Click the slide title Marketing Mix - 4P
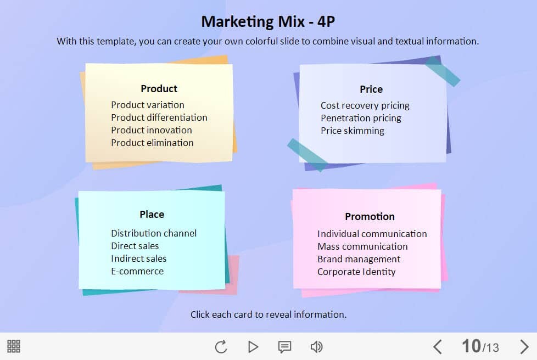pyautogui.click(x=268, y=21)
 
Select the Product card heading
pyautogui.click(x=159, y=89)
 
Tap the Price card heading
pyautogui.click(x=371, y=89)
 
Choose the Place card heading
pyautogui.click(x=152, y=214)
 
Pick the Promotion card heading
pyautogui.click(x=370, y=217)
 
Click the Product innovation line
pyautogui.click(x=152, y=130)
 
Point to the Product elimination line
pyautogui.click(x=153, y=143)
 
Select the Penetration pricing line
pyautogui.click(x=361, y=119)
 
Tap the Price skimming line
pyautogui.click(x=353, y=131)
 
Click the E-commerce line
pyautogui.click(x=137, y=271)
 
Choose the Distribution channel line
pyautogui.click(x=154, y=233)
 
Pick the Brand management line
pyautogui.click(x=359, y=260)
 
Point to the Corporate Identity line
pyautogui.click(x=356, y=272)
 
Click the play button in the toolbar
pyautogui.click(x=253, y=347)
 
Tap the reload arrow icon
pyautogui.click(x=221, y=347)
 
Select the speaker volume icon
pyautogui.click(x=316, y=347)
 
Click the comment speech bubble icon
pyautogui.click(x=284, y=347)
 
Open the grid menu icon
pyautogui.click(x=14, y=346)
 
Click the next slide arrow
pyautogui.click(x=524, y=346)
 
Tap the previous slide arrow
pyautogui.click(x=437, y=346)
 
